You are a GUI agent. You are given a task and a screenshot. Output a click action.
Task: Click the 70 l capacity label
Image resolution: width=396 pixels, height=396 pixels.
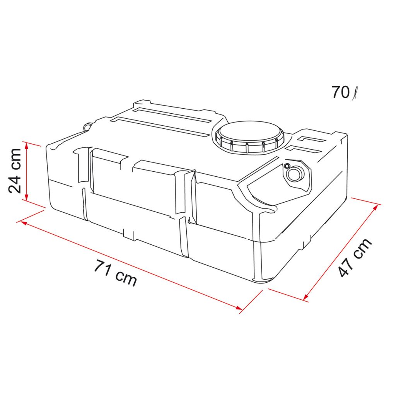click(x=345, y=92)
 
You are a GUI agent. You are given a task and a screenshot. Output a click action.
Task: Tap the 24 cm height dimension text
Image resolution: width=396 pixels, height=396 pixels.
click(x=15, y=171)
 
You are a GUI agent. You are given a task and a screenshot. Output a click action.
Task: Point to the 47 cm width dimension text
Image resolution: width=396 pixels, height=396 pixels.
click(x=355, y=258)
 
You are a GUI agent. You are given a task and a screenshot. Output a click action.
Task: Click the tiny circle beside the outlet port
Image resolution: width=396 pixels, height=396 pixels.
click(x=287, y=166)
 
